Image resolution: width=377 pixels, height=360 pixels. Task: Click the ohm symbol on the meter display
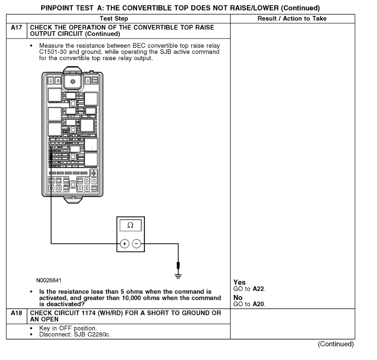(130, 225)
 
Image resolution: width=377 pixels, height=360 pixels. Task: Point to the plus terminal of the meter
(124, 243)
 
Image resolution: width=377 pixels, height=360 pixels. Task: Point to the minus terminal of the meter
(136, 243)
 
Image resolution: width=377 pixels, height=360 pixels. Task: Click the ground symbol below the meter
(179, 274)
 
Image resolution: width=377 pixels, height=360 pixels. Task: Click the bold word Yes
(238, 282)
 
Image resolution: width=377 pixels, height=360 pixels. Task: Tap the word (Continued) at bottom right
(337, 344)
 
